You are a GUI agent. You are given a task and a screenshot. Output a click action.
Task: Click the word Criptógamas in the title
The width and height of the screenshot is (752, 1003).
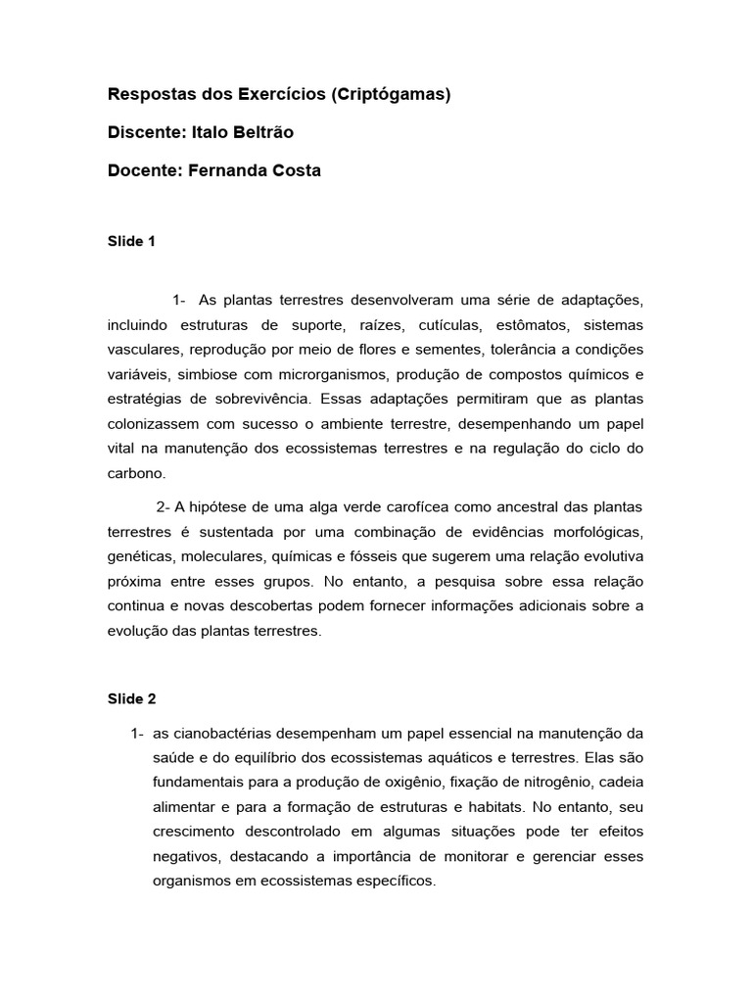tap(391, 95)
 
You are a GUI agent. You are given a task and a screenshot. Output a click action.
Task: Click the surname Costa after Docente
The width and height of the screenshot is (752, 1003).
tap(297, 170)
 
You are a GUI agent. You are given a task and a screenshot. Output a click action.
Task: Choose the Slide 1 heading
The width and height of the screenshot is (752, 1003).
tap(131, 241)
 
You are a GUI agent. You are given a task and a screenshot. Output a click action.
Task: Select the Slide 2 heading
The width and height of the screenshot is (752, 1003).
tap(131, 699)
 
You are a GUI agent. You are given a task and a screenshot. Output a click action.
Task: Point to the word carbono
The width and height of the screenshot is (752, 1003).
tap(137, 473)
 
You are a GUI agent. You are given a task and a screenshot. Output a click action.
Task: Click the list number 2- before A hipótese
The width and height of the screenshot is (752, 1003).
tap(164, 506)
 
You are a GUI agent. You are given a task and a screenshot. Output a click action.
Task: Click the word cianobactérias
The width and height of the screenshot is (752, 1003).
tap(223, 734)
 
